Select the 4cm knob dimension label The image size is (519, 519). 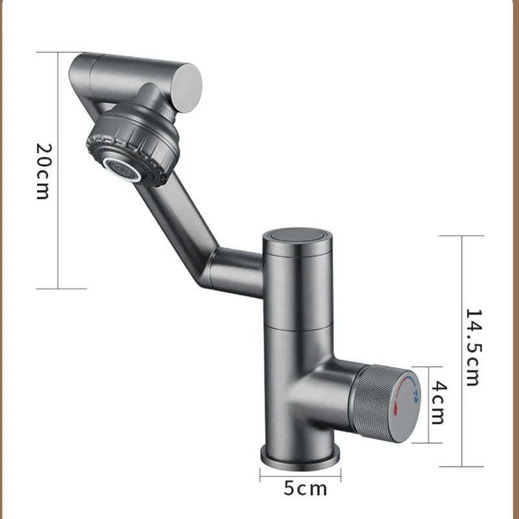[439, 403]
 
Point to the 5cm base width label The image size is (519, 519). [305, 487]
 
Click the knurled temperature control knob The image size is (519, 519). [383, 403]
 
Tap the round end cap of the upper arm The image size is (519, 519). [187, 82]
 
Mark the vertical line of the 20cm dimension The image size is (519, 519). [58, 170]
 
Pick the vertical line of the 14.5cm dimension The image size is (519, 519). [462, 350]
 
